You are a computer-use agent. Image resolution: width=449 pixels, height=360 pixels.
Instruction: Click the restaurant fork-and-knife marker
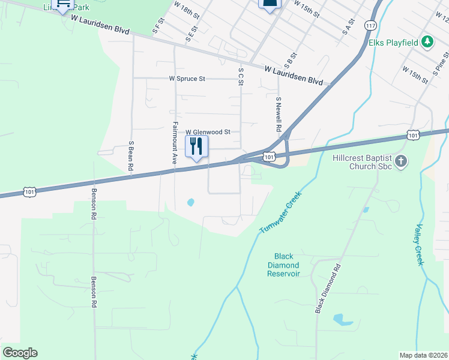(x=196, y=146)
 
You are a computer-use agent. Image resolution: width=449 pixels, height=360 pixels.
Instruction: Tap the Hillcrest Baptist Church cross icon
(x=401, y=161)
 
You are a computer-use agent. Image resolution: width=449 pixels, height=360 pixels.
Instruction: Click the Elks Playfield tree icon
(x=427, y=41)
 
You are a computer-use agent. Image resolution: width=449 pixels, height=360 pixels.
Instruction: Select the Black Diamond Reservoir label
(x=283, y=265)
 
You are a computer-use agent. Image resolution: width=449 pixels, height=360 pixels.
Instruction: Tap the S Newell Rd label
(x=279, y=114)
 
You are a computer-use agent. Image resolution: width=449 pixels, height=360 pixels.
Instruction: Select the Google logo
(x=20, y=353)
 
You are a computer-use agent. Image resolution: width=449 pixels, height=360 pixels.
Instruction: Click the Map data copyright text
(x=423, y=355)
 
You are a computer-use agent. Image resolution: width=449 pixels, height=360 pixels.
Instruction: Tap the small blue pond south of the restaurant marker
(x=191, y=203)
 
